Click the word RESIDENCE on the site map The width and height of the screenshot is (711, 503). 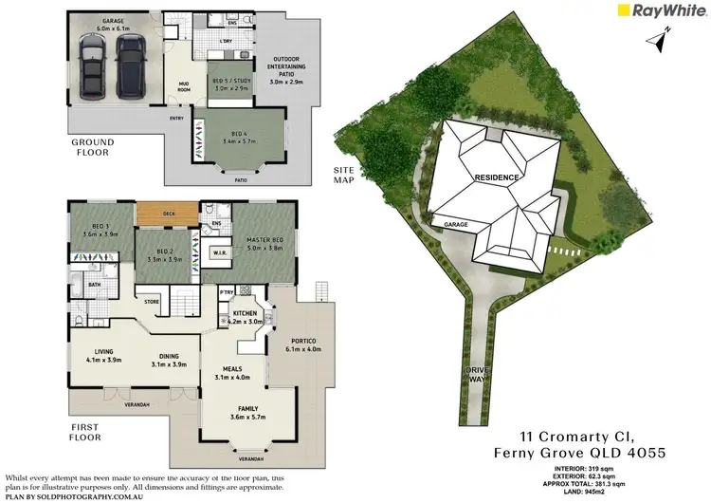click(x=496, y=177)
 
